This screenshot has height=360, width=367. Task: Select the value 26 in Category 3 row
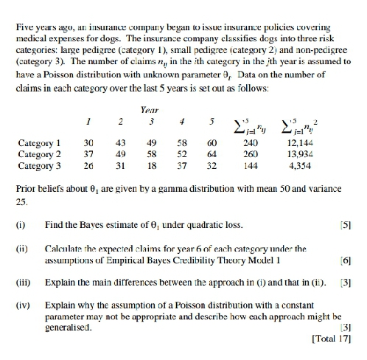tap(90, 165)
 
